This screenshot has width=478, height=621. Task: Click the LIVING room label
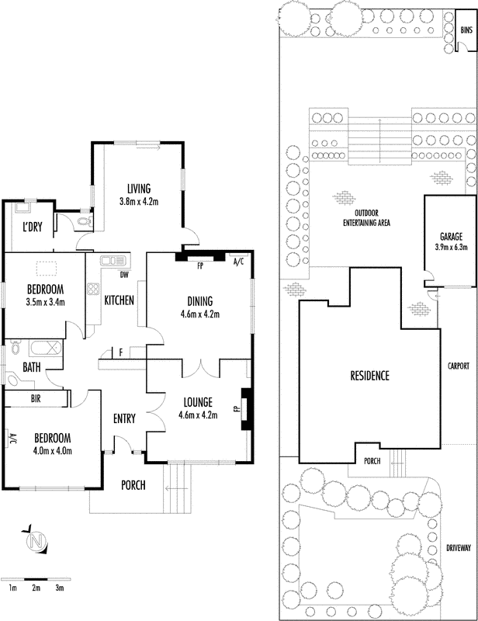(139, 189)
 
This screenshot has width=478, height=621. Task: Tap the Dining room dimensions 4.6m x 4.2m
(200, 314)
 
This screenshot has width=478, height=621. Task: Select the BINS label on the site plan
(466, 30)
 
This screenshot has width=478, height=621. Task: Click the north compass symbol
(36, 539)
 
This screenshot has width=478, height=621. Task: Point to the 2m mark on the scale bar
(36, 588)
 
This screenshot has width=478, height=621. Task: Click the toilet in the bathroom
(16, 348)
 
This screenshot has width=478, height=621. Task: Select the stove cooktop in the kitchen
(93, 288)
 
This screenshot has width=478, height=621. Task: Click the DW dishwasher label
(124, 275)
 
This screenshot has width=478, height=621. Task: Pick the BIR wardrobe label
(36, 398)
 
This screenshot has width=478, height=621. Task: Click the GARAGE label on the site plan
(452, 237)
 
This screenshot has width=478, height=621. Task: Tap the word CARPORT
(458, 366)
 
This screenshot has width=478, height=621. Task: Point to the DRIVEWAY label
(459, 548)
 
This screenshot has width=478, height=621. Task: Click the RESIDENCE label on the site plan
(369, 376)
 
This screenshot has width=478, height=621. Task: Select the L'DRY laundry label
(32, 227)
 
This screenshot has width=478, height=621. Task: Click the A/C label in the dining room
(238, 262)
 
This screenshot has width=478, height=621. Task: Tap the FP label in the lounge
(237, 408)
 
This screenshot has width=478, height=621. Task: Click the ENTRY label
(124, 418)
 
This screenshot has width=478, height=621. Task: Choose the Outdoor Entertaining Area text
(366, 218)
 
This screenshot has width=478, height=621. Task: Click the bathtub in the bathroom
(46, 348)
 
